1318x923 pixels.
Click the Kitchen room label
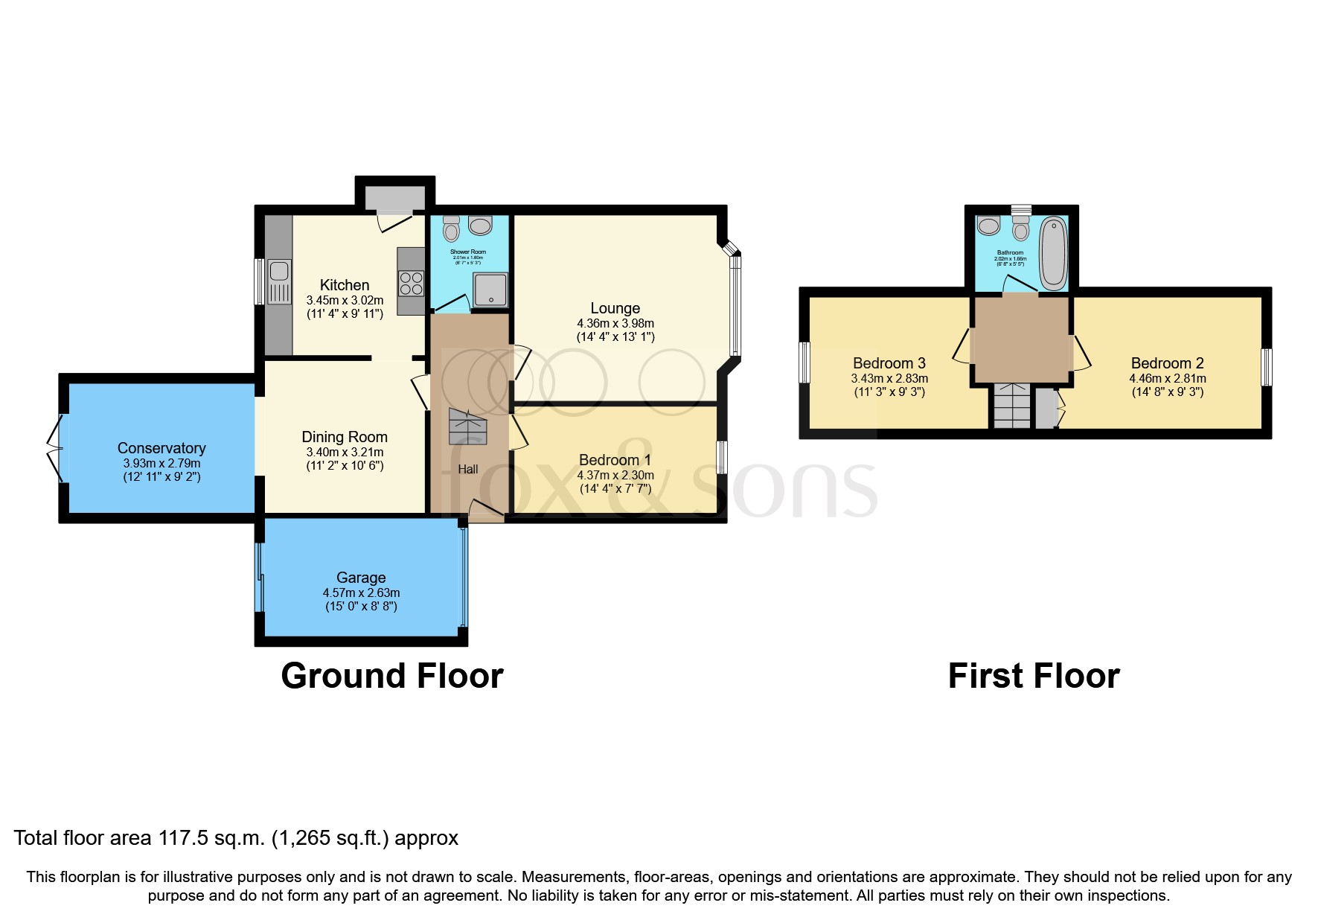[345, 285]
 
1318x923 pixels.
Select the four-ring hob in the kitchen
[411, 283]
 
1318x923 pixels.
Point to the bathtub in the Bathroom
[1053, 253]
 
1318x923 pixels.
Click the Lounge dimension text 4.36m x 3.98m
[615, 324]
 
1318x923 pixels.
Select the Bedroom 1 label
[615, 460]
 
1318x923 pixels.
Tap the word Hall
[468, 469]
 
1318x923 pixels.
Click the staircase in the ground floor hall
[467, 427]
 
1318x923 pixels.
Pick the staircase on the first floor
[1012, 406]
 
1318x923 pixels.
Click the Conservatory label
[161, 448]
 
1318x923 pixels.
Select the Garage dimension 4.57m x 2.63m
[361, 593]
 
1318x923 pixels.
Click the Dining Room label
[345, 437]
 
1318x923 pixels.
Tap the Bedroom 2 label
[1167, 363]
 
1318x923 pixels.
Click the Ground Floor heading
[392, 676]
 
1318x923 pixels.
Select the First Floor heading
[1033, 676]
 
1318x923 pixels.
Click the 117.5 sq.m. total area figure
[211, 838]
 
